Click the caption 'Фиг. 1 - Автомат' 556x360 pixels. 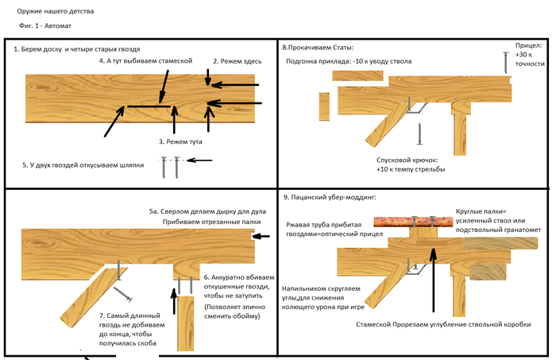point(50,26)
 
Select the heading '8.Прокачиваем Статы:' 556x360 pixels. point(318,48)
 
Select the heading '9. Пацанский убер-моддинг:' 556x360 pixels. point(332,196)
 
